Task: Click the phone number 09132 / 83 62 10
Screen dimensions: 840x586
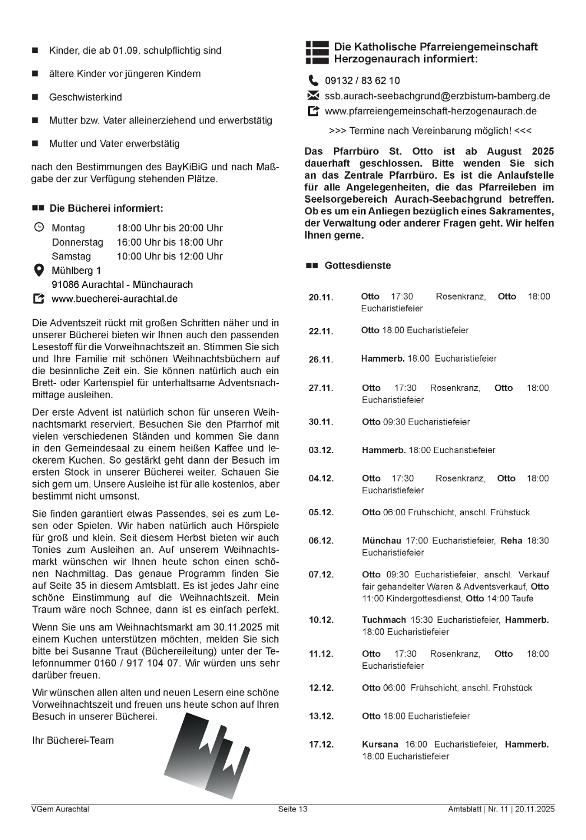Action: pos(362,81)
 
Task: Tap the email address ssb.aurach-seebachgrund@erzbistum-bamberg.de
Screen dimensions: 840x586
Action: pos(437,96)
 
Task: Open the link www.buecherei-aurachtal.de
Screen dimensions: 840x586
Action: pos(114,299)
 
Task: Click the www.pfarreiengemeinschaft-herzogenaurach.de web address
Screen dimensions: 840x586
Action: pos(430,111)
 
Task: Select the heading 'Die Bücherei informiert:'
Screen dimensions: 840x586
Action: pos(106,209)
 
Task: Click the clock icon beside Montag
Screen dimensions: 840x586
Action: pos(39,227)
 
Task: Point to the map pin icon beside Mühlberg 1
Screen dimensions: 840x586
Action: pos(39,270)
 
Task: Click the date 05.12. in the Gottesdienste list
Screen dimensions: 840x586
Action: pos(321,512)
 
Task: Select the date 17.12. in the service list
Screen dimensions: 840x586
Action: pos(321,745)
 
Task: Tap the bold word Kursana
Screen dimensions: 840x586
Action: pos(380,745)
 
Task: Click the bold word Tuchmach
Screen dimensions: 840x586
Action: pos(384,620)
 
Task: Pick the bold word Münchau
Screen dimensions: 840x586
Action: pos(382,541)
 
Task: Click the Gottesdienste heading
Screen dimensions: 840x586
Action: pos(357,265)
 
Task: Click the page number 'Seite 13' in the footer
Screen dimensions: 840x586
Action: pos(293,809)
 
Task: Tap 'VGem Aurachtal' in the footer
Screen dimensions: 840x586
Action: pos(61,809)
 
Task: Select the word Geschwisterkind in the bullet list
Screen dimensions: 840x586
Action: pos(85,97)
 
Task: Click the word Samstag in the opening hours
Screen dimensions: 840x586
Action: pos(71,256)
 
